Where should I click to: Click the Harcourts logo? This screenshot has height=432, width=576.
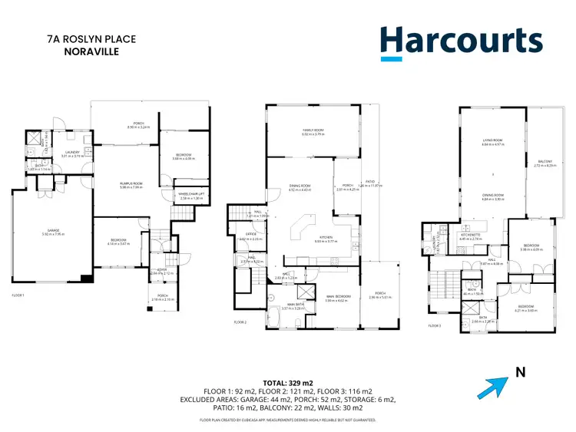[461, 42]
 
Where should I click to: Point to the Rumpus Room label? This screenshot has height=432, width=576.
[126, 183]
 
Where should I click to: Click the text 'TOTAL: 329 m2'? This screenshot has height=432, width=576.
[288, 381]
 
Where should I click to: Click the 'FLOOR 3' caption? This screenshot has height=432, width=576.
[435, 325]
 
